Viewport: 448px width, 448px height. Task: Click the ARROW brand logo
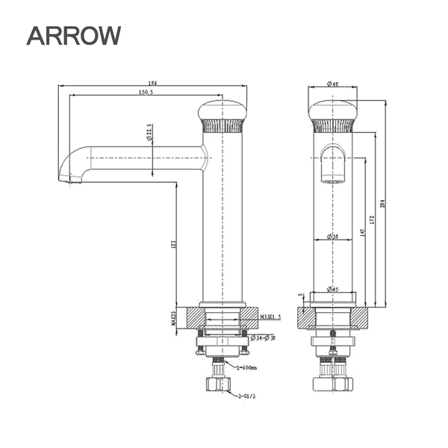click(x=73, y=35)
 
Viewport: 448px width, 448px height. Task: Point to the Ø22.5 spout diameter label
click(x=149, y=134)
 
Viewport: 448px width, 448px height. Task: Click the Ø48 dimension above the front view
click(x=333, y=84)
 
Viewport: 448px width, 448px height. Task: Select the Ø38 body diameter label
click(x=332, y=237)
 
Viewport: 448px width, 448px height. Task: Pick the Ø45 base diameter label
click(x=332, y=290)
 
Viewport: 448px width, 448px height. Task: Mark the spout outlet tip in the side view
click(x=68, y=178)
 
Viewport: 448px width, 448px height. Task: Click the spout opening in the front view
click(x=332, y=178)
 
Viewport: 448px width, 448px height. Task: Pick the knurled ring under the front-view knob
click(x=332, y=125)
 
